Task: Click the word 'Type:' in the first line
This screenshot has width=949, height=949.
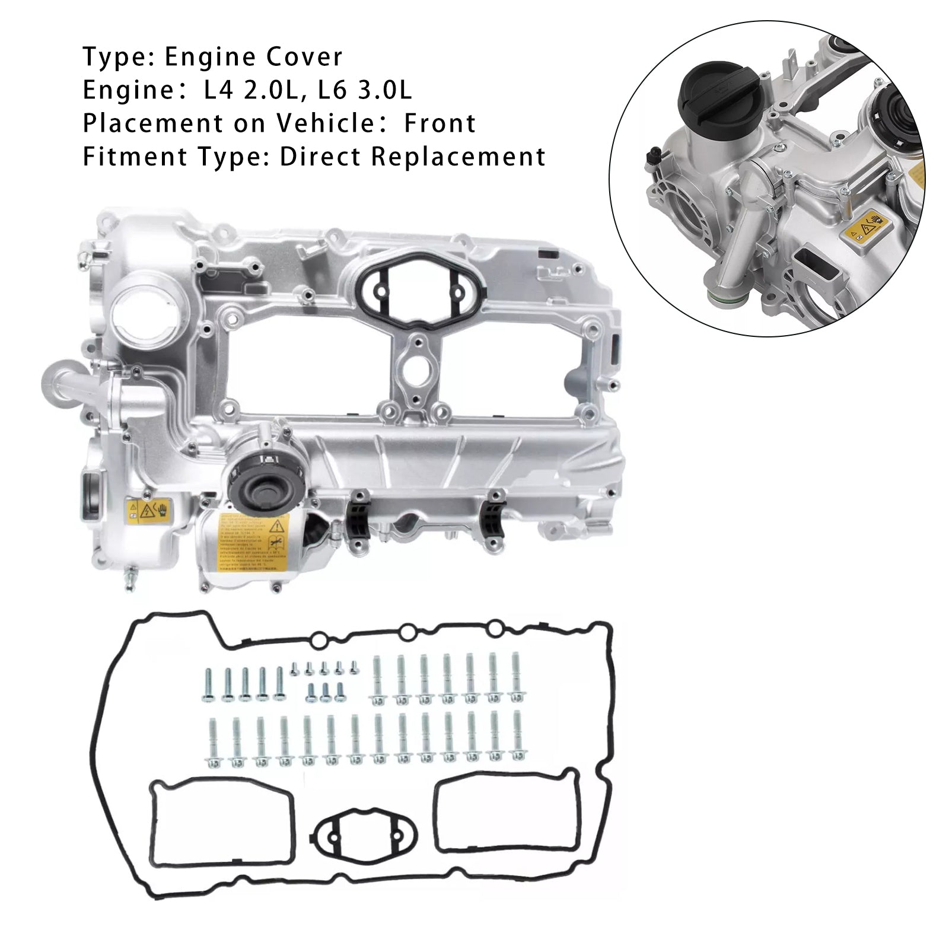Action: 117,58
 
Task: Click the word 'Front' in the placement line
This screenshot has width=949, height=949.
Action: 440,124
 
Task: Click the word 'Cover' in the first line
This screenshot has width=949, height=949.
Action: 304,58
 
